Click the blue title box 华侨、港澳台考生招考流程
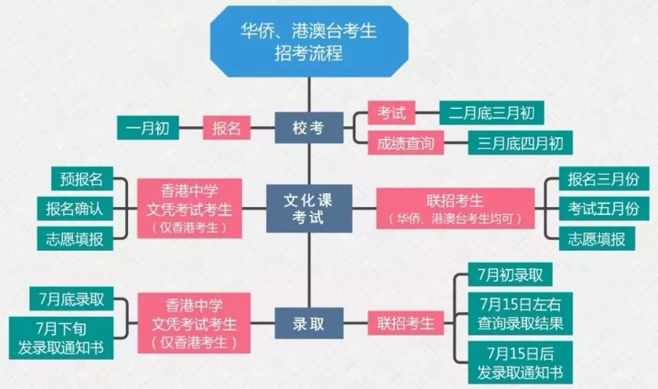(309, 41)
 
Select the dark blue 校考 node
(309, 127)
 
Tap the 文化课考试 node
(309, 208)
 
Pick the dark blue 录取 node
(309, 323)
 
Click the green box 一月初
(148, 127)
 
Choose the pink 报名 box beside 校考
(227, 127)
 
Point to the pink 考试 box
(392, 113)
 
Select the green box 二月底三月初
(492, 113)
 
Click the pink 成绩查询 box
(406, 143)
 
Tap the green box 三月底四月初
(521, 143)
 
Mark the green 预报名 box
(82, 178)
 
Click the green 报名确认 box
(75, 208)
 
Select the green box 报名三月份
(604, 178)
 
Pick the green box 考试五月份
(604, 208)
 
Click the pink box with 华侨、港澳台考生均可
(455, 208)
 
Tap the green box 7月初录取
(510, 274)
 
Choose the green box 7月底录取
(72, 299)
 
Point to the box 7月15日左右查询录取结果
(521, 314)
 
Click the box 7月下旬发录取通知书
(61, 338)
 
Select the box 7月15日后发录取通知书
(521, 363)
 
